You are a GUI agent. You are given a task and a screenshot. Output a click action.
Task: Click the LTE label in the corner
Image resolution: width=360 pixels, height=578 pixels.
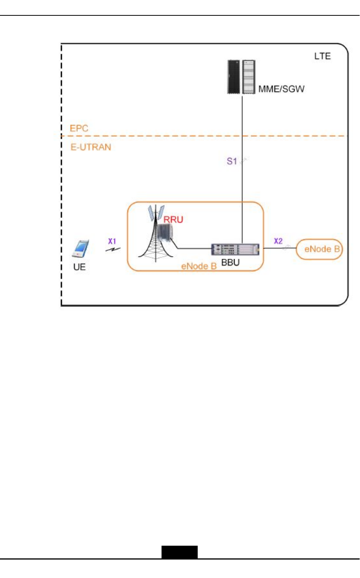[x=322, y=56]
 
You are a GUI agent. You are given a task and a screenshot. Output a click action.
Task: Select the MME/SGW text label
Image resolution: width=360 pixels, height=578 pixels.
[x=281, y=89]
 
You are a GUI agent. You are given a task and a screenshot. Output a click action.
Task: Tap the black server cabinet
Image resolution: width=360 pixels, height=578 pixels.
[x=233, y=77]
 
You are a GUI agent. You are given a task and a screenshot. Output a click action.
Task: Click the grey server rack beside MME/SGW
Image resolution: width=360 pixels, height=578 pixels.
[x=249, y=77]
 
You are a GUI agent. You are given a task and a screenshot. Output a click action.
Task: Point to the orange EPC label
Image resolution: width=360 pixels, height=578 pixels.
[x=79, y=128]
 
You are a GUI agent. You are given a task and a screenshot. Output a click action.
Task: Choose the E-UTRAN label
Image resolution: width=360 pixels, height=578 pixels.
[x=91, y=147]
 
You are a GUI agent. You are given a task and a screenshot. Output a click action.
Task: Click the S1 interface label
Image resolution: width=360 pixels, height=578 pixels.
[x=232, y=161]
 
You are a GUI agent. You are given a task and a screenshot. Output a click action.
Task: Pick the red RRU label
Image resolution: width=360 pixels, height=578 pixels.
[x=173, y=220]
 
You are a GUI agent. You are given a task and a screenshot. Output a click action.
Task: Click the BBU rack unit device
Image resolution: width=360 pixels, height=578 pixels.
[x=235, y=249]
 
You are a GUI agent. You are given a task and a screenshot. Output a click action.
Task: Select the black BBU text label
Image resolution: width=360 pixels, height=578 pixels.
[x=230, y=263]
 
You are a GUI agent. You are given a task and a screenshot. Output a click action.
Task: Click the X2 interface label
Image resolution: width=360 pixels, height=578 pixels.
[x=278, y=241]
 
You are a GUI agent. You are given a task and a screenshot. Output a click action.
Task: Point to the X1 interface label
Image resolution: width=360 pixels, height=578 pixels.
[x=112, y=241]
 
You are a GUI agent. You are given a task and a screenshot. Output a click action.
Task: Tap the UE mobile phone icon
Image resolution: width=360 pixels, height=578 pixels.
[x=80, y=248]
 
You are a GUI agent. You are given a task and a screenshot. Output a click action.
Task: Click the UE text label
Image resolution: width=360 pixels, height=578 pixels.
[x=79, y=267]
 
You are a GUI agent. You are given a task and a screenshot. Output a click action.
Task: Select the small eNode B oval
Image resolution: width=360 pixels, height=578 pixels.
[x=319, y=249]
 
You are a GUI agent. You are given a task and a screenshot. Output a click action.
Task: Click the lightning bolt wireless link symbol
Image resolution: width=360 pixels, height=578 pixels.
[x=113, y=250]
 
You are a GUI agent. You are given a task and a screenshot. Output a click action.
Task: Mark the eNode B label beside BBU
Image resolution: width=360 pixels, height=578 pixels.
[x=199, y=266]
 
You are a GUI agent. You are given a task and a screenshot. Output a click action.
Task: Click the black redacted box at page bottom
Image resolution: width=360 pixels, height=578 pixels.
[x=179, y=552]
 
